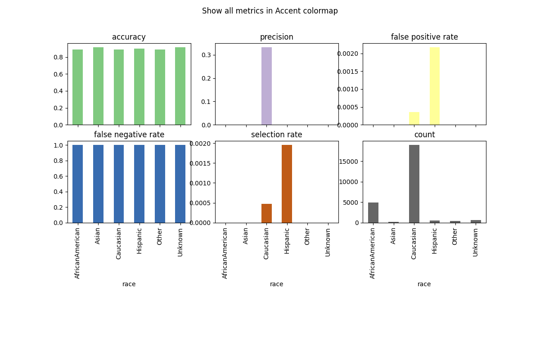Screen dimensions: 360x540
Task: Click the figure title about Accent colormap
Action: click(x=270, y=11)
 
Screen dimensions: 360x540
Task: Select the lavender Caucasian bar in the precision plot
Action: click(x=266, y=86)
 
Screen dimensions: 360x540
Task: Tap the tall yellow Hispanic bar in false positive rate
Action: click(x=435, y=86)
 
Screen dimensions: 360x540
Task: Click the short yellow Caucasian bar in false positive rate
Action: click(x=414, y=119)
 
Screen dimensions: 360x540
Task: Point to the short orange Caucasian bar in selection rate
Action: click(x=266, y=213)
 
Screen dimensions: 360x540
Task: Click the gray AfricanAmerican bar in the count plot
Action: click(x=373, y=213)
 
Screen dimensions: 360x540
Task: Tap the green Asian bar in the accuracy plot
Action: click(x=98, y=86)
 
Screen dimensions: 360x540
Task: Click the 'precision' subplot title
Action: click(x=276, y=37)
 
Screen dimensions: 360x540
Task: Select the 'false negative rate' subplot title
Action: click(x=129, y=135)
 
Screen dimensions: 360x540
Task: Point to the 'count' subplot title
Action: click(x=424, y=135)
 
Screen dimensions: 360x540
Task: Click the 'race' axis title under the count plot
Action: click(x=424, y=284)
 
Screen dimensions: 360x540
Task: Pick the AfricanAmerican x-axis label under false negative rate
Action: click(x=77, y=253)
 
